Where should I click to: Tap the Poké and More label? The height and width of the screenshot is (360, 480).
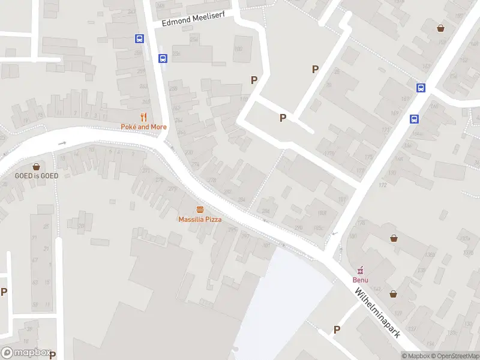tap(143, 127)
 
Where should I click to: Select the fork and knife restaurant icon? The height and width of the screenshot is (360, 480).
tap(143, 117)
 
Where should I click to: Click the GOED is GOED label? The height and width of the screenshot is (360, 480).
tap(37, 175)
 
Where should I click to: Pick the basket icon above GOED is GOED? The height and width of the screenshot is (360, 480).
tap(37, 166)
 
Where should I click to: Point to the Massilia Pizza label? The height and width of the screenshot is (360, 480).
tap(200, 219)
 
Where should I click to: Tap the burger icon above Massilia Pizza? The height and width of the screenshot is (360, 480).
tap(200, 209)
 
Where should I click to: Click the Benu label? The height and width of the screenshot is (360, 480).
tap(361, 280)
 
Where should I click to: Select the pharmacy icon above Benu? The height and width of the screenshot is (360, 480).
tap(361, 270)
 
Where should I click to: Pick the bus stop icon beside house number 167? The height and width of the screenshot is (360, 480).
tap(421, 88)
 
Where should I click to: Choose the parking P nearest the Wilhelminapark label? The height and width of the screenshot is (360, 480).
tap(337, 329)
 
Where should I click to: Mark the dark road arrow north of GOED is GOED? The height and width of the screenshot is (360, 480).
tap(62, 143)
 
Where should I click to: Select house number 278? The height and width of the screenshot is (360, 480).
tap(211, 180)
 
